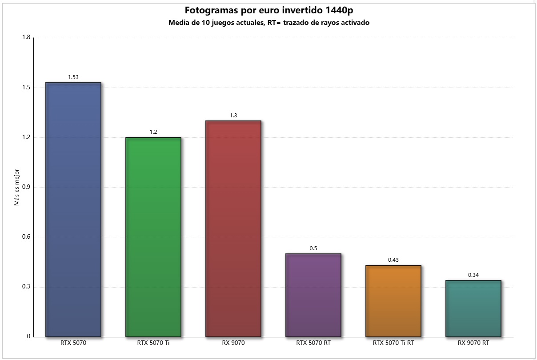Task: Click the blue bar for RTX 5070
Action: point(73,209)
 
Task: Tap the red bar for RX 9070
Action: point(233,228)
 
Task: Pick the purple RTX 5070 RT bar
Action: point(313,295)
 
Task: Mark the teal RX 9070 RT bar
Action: point(473,308)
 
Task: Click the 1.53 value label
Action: point(73,77)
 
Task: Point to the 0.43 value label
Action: point(393,260)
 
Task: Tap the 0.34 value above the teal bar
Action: point(473,275)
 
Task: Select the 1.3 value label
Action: point(233,116)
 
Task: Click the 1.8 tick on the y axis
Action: point(26,38)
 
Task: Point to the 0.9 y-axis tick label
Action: point(26,187)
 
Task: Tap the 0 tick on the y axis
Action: point(28,336)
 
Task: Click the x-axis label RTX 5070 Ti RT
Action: point(393,343)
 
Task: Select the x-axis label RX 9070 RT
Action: point(473,343)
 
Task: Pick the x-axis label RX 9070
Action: point(233,343)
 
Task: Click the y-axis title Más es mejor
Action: point(16,187)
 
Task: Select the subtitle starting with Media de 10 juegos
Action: point(269,23)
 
